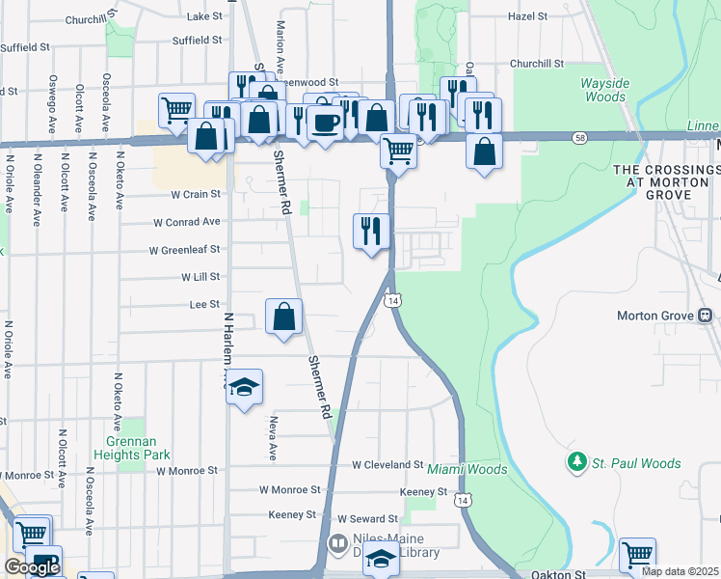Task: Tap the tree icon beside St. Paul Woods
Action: tap(577, 463)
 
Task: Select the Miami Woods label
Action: tap(467, 470)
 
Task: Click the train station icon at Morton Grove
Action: tap(706, 316)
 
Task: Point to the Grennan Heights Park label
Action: tap(138, 448)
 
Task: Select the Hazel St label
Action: tap(527, 17)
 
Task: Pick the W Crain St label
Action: tap(196, 194)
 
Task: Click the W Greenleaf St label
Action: tap(184, 250)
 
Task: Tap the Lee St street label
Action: tap(204, 304)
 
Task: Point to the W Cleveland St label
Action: tap(388, 464)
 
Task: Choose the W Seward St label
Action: tap(362, 519)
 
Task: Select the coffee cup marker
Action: tap(326, 122)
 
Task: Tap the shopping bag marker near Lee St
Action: tap(284, 317)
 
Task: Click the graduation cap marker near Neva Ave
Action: tap(245, 388)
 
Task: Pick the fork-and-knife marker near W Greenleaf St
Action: tap(371, 231)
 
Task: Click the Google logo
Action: tap(32, 567)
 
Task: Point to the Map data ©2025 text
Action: tap(680, 571)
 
